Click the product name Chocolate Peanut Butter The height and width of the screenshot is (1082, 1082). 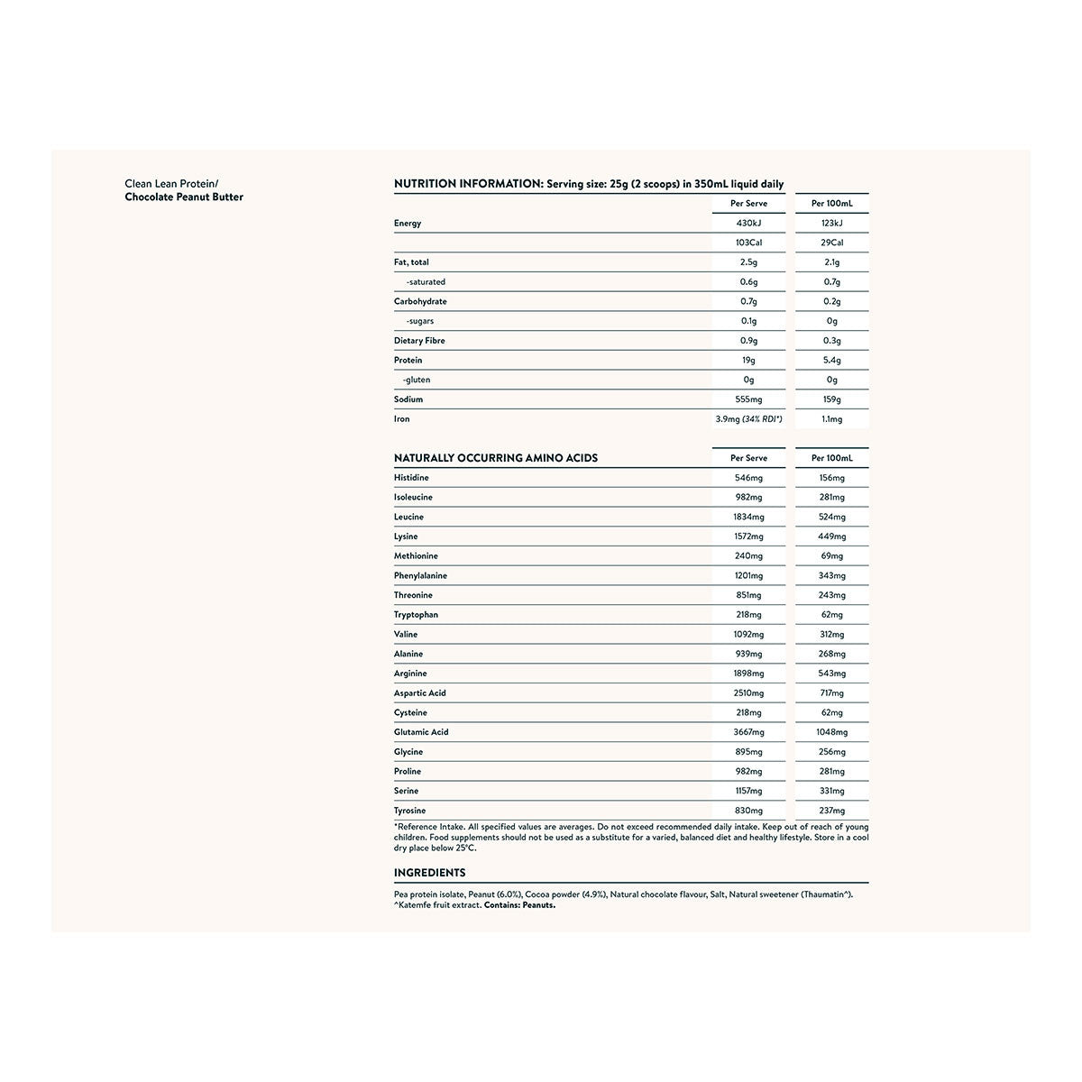[x=184, y=197]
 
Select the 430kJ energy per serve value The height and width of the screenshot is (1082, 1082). [x=748, y=223]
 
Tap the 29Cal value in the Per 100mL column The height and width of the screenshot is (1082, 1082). [x=832, y=243]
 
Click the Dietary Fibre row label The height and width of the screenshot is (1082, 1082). [x=419, y=341]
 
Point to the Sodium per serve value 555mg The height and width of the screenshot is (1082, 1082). [x=748, y=399]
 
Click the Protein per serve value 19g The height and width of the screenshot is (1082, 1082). [x=748, y=361]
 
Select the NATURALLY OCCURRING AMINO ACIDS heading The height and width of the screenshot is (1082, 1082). [x=496, y=458]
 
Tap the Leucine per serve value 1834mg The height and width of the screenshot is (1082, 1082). [x=748, y=518]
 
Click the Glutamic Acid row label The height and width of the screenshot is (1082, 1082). [x=421, y=732]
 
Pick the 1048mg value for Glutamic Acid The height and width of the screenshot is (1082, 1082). [x=832, y=732]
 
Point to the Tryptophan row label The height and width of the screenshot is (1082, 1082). [x=416, y=615]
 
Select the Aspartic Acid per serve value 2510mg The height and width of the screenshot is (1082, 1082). [x=748, y=693]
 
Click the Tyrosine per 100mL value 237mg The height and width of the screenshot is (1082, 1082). [x=832, y=811]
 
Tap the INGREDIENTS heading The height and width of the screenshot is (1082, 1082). [x=430, y=873]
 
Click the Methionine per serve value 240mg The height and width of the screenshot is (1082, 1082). [x=748, y=556]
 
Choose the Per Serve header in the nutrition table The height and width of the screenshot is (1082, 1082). [x=748, y=204]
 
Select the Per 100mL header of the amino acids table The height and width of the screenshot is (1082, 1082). [x=832, y=458]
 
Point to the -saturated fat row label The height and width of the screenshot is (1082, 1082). [x=426, y=282]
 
